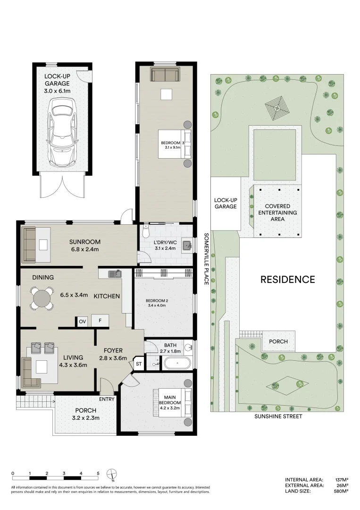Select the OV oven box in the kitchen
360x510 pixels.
[82, 322]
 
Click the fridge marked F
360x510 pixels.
[100, 321]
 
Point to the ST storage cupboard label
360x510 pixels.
[139, 364]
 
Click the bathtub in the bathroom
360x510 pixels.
[177, 363]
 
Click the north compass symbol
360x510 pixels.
[111, 475]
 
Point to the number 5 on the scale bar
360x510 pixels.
[98, 473]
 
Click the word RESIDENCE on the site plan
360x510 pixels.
[288, 280]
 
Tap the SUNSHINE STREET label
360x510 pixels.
[278, 416]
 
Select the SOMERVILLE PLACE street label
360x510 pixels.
[206, 259]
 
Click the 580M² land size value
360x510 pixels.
[342, 491]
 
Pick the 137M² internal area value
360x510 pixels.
[342, 480]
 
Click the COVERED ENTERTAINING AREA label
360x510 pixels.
[277, 212]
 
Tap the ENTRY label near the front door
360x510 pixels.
[107, 399]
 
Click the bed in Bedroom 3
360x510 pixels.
[175, 144]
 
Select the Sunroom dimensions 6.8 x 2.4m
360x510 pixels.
[84, 249]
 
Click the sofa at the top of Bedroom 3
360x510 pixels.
[165, 75]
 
